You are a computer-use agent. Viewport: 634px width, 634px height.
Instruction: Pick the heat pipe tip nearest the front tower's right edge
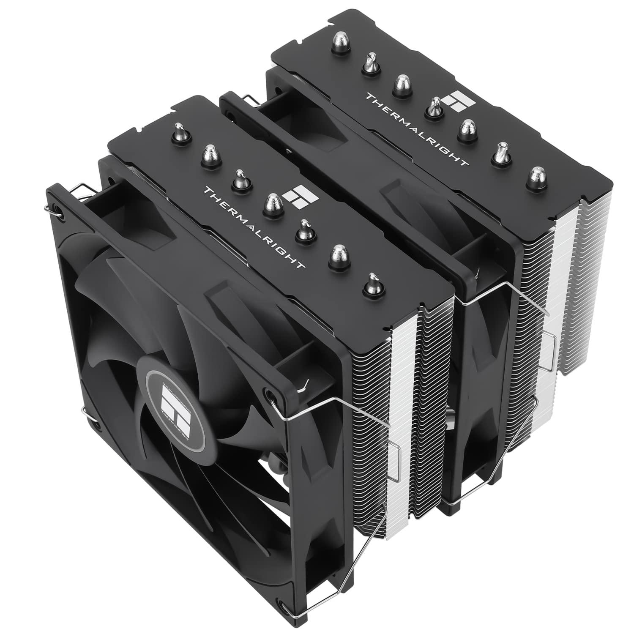point(372,283)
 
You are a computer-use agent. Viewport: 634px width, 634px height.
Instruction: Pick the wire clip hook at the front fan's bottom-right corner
point(296,609)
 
